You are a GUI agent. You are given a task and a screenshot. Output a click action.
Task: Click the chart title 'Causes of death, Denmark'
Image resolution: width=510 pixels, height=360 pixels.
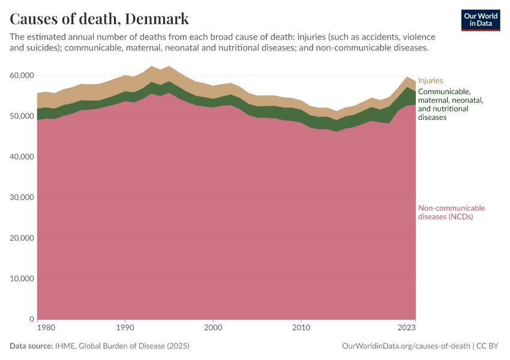(x=99, y=19)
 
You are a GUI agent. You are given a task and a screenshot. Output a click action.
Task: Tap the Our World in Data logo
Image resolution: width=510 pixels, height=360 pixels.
(x=481, y=20)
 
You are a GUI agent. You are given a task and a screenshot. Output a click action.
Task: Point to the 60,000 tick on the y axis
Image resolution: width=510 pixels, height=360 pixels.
(x=21, y=76)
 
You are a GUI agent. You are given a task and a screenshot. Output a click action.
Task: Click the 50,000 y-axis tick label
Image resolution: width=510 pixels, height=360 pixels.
(x=21, y=116)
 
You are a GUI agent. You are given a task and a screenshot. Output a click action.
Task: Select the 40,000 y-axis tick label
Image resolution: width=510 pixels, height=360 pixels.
(x=21, y=157)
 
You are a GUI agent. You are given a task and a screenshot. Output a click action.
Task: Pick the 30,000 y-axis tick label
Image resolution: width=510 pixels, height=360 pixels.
(x=21, y=197)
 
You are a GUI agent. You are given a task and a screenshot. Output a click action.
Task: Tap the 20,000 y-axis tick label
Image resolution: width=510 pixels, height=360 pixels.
(x=21, y=238)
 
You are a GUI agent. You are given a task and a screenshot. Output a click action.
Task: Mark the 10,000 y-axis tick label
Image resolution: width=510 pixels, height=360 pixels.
(x=21, y=279)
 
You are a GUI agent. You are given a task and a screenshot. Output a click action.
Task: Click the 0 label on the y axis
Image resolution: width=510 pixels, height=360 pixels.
(x=31, y=319)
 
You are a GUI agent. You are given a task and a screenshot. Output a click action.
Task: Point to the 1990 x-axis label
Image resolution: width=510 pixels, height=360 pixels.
(x=125, y=328)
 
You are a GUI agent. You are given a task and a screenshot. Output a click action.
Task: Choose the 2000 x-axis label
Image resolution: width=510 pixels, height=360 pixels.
(x=213, y=328)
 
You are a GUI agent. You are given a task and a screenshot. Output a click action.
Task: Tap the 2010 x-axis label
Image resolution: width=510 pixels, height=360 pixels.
(x=301, y=328)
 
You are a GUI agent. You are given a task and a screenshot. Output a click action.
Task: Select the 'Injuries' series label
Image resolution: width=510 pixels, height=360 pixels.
(x=430, y=80)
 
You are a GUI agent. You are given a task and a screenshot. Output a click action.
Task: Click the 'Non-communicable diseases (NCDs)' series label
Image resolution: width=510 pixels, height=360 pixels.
(x=451, y=212)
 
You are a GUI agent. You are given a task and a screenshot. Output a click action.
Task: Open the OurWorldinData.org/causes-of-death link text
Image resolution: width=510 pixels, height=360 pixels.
(x=405, y=346)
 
